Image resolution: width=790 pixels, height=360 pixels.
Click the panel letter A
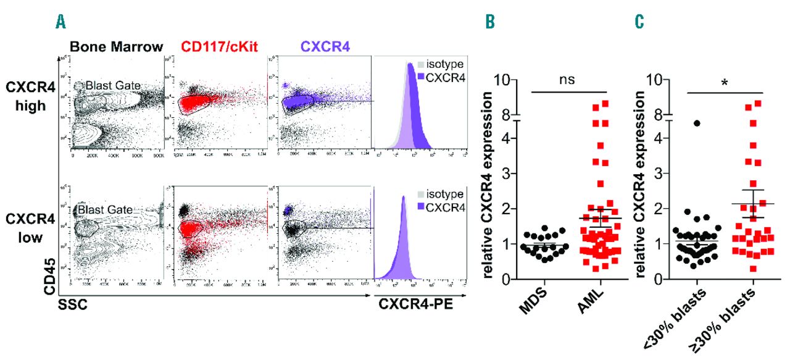60,22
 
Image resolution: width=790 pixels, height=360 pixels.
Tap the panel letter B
489,22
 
